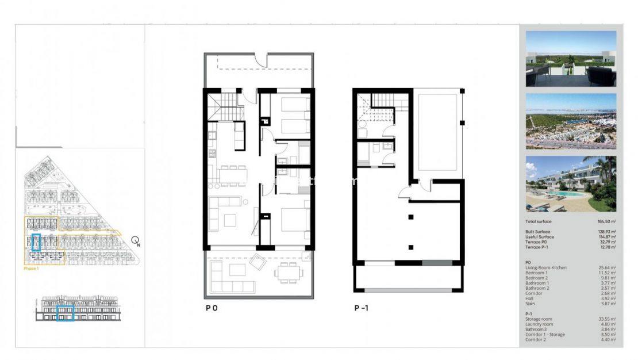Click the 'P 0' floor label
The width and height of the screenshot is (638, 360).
click(212, 308)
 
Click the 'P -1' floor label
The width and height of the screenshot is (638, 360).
click(361, 308)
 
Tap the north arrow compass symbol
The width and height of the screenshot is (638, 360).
click(135, 241)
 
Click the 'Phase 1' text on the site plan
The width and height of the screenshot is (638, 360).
click(32, 269)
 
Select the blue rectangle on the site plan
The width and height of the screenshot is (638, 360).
click(36, 242)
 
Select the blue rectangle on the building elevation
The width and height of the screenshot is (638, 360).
click(65, 313)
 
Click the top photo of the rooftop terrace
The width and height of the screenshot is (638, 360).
click(570, 59)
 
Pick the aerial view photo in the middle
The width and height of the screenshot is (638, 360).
click(570, 121)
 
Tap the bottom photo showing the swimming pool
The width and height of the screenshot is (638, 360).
click(570, 183)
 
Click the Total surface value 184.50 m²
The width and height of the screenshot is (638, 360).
click(606, 221)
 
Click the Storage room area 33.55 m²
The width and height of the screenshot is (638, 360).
click(607, 319)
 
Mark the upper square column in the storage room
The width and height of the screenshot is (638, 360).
click(410, 217)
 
